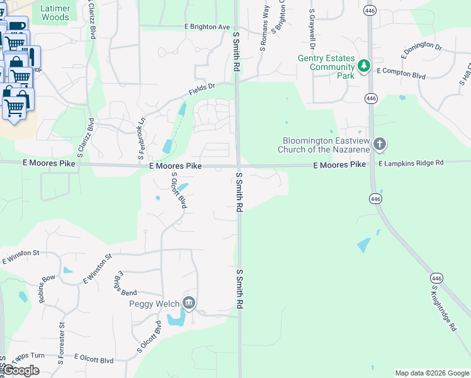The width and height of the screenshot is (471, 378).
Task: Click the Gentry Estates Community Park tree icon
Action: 363,66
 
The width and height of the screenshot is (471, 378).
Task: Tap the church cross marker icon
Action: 379,144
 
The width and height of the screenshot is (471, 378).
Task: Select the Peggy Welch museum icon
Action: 189,304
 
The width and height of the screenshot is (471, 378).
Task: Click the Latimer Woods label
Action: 55,13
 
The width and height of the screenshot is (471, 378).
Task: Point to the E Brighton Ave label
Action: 207,27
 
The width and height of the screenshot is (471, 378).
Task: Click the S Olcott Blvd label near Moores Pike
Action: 179,191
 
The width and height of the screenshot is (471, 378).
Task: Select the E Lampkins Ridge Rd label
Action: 411,163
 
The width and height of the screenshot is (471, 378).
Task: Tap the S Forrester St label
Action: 61,344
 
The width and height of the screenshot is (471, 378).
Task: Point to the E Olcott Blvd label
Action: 94,360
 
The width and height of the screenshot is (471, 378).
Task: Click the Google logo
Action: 21,370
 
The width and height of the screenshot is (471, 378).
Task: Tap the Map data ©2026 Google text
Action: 431,373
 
